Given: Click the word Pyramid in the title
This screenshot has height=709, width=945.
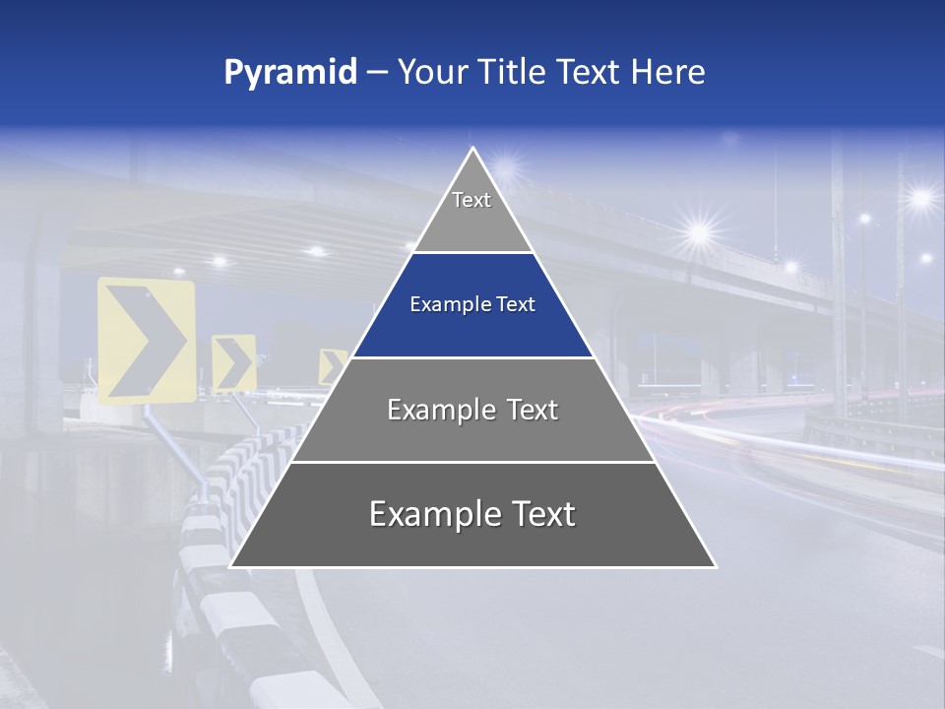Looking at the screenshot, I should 290,73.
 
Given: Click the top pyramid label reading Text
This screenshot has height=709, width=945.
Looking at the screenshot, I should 472,200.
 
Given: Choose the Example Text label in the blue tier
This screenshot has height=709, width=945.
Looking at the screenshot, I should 472,305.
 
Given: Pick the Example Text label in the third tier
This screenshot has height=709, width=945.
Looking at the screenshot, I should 472,410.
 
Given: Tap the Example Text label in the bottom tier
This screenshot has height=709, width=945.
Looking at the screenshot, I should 472,514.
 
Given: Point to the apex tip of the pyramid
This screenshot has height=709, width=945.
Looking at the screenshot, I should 473,149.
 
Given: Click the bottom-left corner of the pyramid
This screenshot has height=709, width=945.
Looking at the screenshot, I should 231,566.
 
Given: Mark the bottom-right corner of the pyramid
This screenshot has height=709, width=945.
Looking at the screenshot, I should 716,566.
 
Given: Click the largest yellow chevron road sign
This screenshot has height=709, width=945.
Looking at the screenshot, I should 146,340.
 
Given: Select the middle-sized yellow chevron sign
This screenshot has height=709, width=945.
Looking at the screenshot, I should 234,363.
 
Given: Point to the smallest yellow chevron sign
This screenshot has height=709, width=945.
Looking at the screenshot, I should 333,367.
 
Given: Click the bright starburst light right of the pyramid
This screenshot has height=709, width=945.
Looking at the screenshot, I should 700,233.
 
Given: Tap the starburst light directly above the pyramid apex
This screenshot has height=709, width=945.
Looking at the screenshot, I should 508,163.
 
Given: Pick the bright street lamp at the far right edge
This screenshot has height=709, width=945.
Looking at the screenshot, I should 921,199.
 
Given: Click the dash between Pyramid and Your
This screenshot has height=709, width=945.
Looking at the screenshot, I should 376,73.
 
